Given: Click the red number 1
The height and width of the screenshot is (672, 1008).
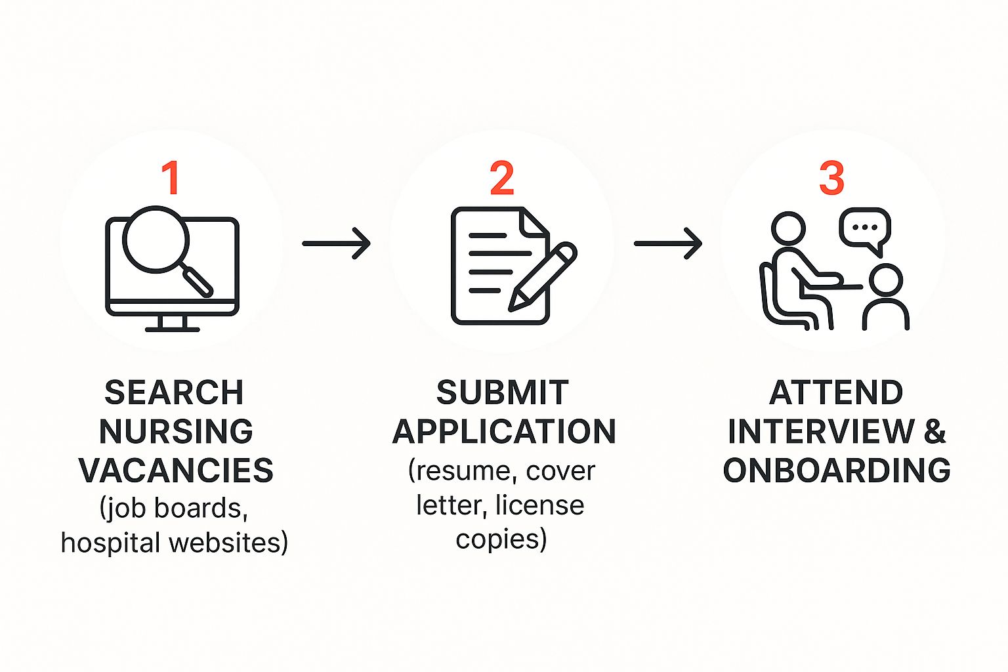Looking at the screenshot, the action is (171, 178).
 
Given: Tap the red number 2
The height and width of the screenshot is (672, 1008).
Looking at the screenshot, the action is (502, 178).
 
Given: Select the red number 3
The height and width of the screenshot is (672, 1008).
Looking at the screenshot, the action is (831, 178).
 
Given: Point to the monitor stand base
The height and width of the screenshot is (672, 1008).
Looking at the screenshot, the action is (173, 329).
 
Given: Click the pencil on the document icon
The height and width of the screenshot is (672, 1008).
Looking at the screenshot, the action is (543, 276).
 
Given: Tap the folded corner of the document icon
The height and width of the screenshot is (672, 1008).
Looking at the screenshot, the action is (534, 222).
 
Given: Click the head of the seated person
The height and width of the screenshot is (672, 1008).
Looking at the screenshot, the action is (788, 228).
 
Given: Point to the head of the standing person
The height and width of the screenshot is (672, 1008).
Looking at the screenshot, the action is (885, 280).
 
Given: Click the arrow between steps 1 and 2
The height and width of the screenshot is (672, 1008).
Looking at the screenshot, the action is (336, 243).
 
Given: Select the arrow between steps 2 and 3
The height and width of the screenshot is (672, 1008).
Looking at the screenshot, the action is (668, 243).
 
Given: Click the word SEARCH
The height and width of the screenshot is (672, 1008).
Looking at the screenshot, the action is (174, 392).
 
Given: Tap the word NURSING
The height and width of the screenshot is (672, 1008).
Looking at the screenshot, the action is (175, 431).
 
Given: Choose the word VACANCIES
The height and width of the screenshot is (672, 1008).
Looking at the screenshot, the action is (176, 471).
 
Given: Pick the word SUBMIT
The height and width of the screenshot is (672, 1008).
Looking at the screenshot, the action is (503, 392).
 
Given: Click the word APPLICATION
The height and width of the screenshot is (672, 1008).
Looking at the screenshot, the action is (504, 431).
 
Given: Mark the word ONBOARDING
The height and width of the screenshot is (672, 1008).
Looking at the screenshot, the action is (837, 471).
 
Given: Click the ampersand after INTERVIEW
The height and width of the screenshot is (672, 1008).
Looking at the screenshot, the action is (934, 431).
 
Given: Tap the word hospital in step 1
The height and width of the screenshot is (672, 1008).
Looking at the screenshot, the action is (111, 543).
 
